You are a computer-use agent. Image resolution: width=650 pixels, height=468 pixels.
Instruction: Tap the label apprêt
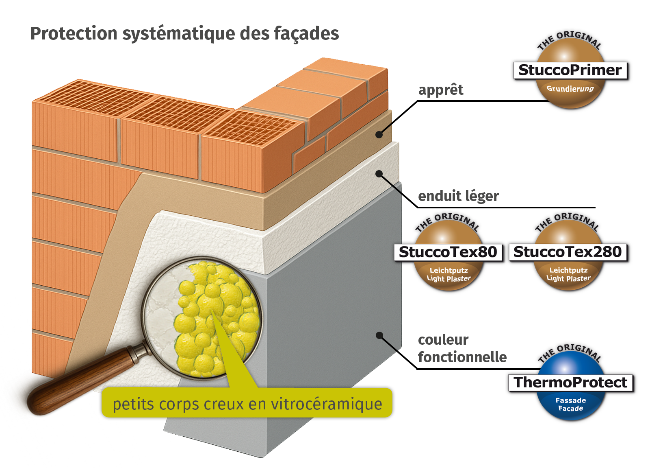coord(441,90)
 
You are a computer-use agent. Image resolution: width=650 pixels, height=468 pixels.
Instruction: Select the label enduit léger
coord(458,196)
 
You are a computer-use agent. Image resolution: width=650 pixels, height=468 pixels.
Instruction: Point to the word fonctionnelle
coord(462,357)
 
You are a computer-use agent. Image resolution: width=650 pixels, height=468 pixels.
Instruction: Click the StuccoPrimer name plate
coord(570,70)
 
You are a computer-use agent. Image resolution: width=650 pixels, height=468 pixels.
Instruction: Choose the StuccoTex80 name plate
coord(448,252)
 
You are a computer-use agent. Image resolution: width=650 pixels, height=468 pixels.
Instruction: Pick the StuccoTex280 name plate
coord(568,252)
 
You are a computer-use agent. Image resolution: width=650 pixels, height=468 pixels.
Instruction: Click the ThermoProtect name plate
coord(570,383)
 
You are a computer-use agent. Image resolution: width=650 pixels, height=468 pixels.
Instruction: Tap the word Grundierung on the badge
coord(570,89)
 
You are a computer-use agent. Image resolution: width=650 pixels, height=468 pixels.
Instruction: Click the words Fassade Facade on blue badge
coord(570,404)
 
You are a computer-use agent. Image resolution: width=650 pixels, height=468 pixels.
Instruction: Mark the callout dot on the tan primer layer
coord(379,134)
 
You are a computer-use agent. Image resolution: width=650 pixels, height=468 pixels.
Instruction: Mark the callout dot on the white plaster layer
coord(379,174)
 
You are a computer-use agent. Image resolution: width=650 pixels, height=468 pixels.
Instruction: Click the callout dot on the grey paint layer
coord(379,335)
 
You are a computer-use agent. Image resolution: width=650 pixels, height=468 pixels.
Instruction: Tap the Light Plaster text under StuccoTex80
coord(448,279)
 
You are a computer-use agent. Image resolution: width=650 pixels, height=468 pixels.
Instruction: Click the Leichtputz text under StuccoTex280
coord(568,270)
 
